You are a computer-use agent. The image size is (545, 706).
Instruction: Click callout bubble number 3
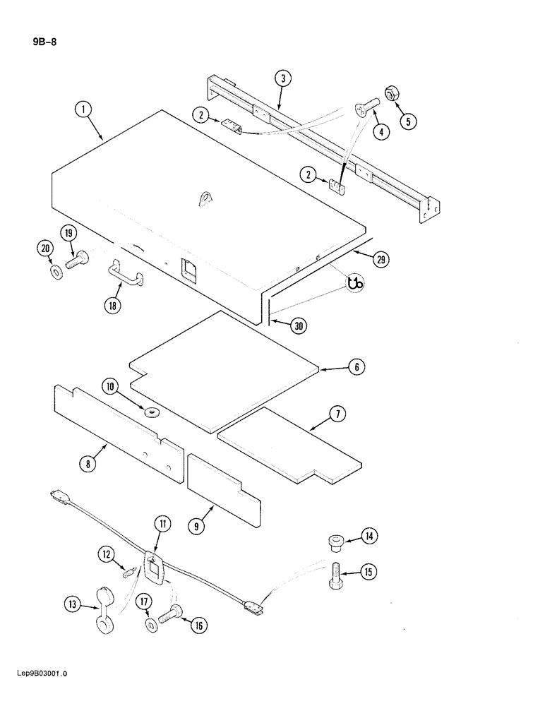(282, 78)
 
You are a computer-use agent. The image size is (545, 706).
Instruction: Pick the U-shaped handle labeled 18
(125, 271)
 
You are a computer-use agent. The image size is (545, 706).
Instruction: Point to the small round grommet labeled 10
(152, 412)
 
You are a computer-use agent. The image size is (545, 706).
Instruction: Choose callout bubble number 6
(357, 367)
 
